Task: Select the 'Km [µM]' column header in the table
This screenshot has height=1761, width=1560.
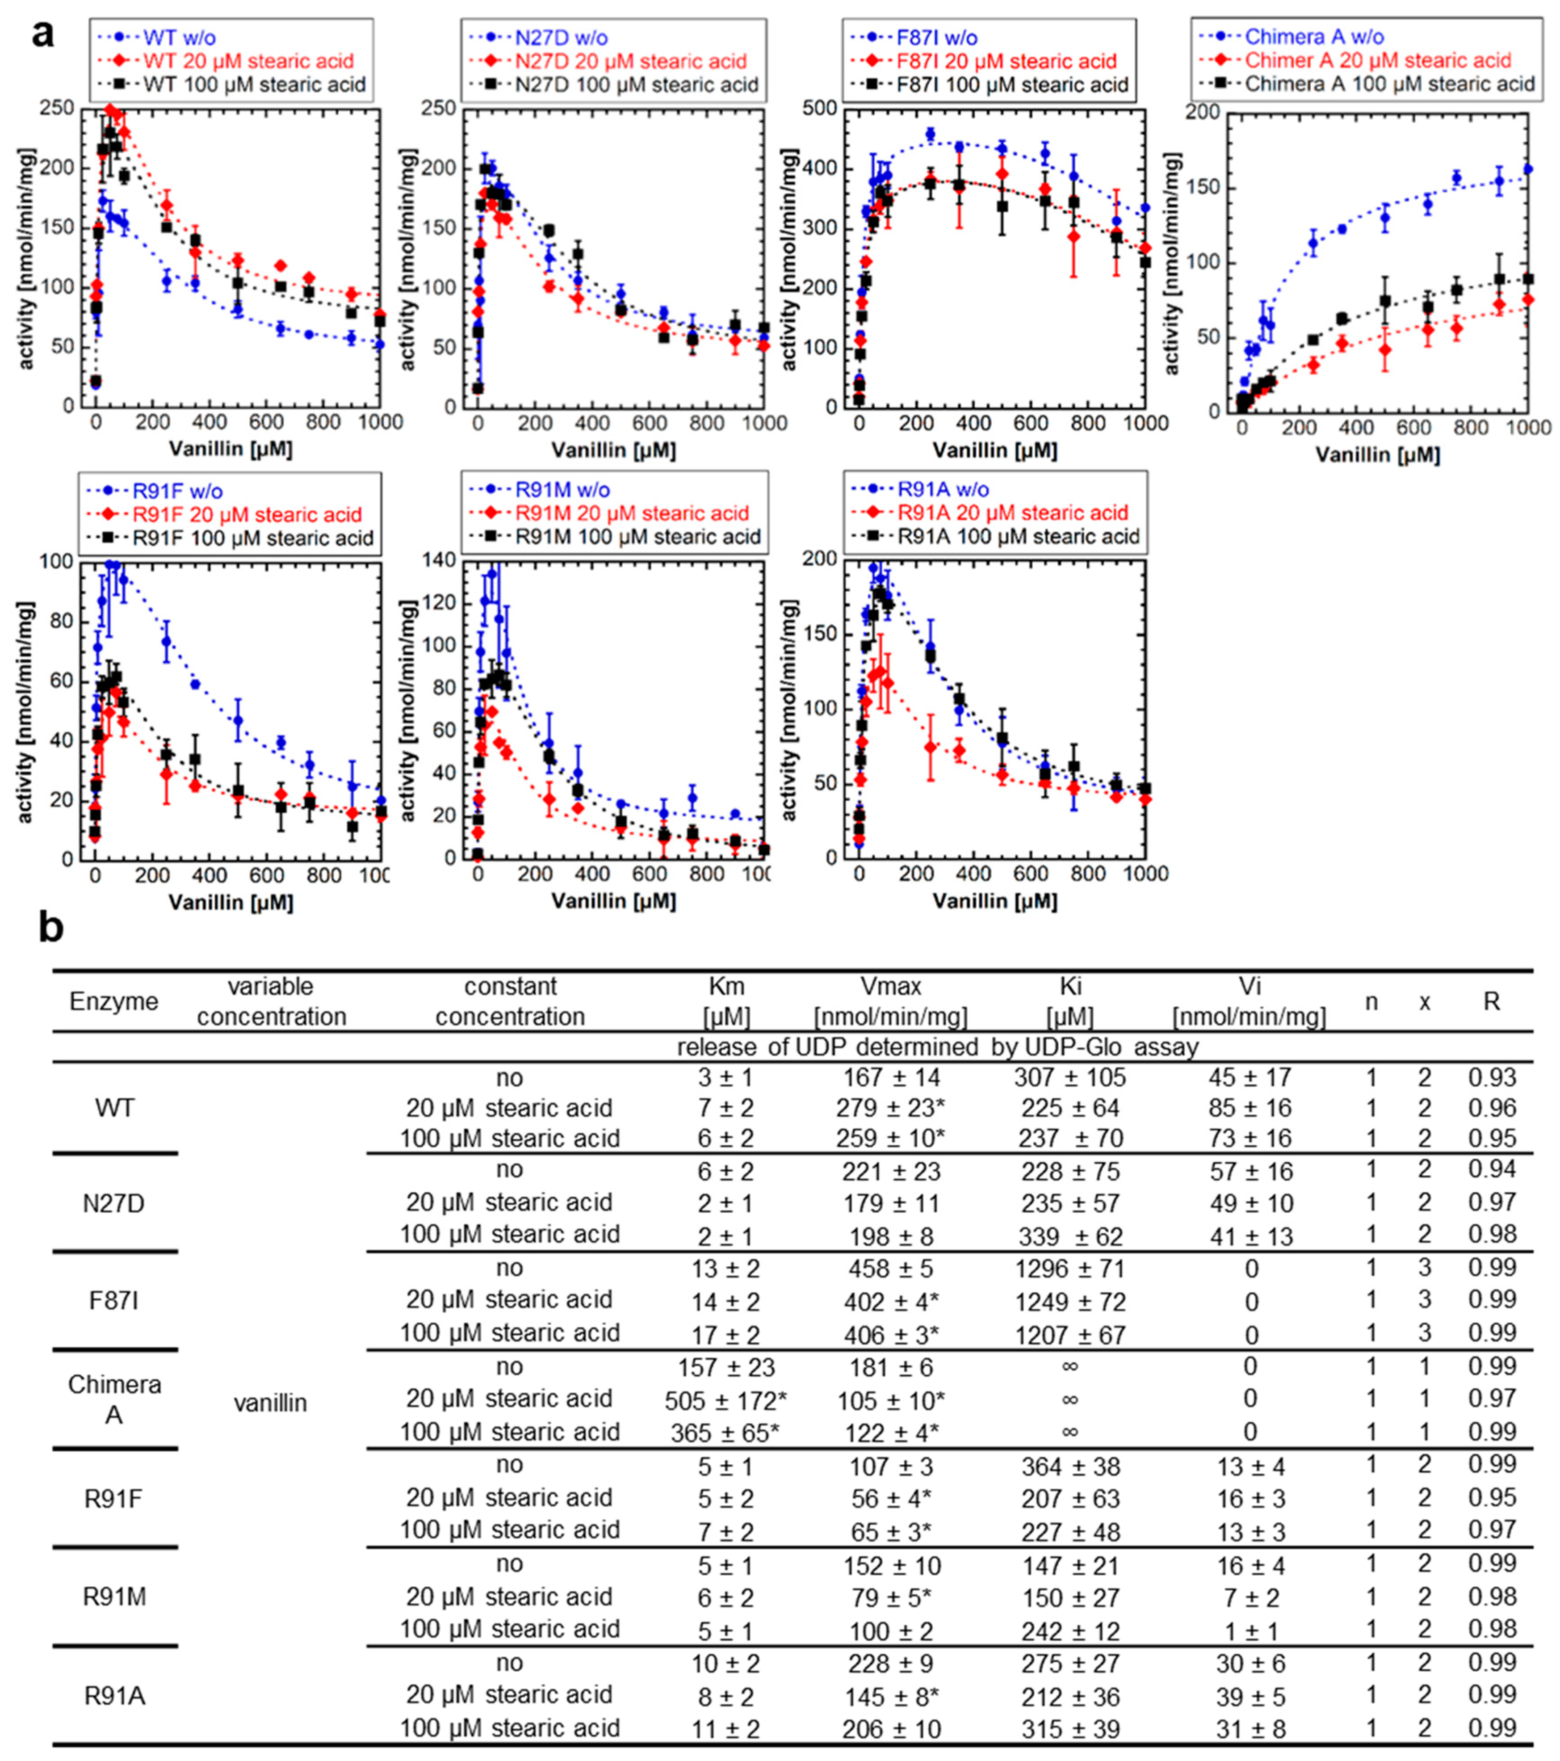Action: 725,1000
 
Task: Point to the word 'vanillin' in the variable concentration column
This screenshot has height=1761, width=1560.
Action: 270,1403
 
